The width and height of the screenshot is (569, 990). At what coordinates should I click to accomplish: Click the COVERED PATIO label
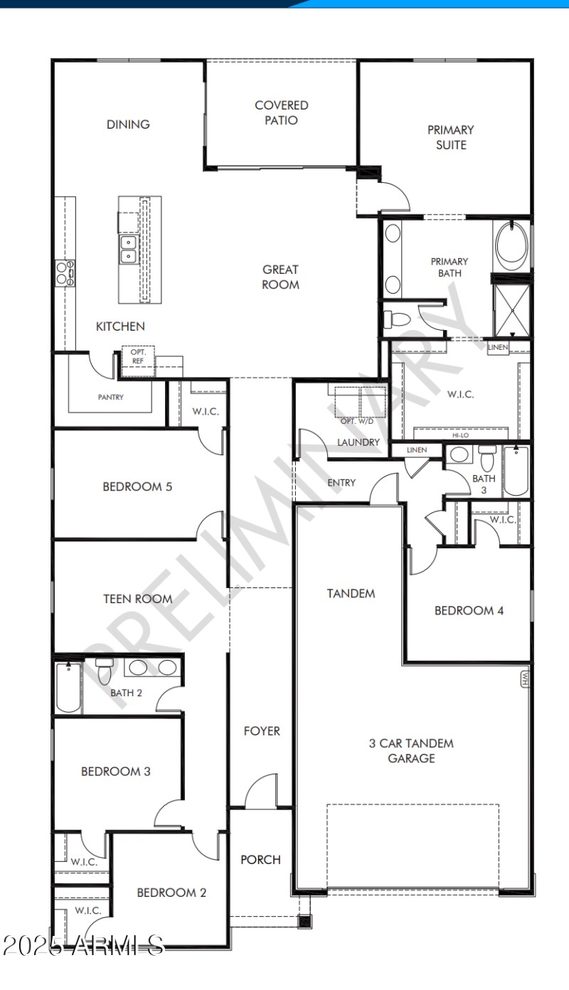[281, 113]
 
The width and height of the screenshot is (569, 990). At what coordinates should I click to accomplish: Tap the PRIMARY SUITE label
[450, 137]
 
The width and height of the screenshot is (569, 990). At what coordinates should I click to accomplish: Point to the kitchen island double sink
[129, 249]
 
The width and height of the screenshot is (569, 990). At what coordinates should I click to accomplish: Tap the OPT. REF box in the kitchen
[137, 356]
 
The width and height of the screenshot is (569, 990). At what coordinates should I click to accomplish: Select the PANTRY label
[110, 398]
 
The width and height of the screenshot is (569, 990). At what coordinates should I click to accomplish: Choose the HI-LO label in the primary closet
[460, 435]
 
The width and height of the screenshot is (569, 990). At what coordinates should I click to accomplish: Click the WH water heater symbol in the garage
[525, 679]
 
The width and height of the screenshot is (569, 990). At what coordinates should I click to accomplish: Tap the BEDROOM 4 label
[469, 610]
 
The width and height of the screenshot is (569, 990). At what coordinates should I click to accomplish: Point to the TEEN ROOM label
[138, 599]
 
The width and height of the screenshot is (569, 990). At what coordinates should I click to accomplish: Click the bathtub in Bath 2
[69, 687]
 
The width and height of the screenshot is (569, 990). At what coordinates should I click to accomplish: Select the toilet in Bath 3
[486, 455]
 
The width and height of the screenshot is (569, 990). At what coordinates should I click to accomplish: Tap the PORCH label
[260, 859]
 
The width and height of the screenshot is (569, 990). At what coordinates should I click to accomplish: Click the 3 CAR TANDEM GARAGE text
[411, 751]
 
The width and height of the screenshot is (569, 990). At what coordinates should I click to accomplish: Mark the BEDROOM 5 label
[137, 487]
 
